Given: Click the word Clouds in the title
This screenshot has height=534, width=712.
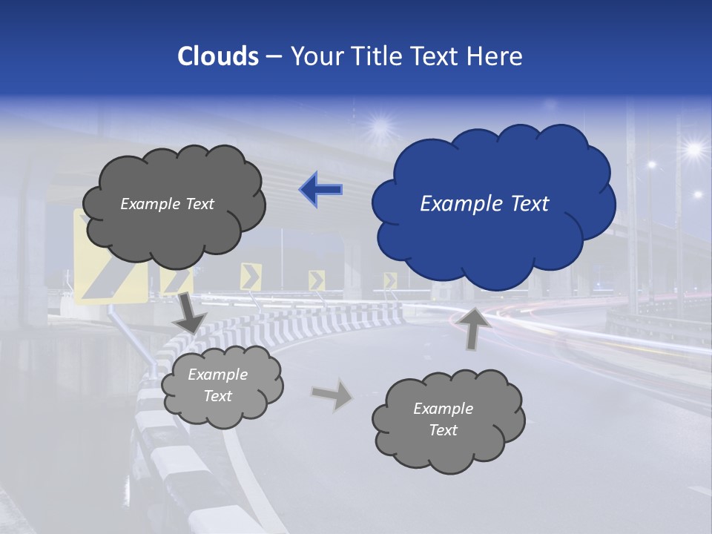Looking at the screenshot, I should [218, 56].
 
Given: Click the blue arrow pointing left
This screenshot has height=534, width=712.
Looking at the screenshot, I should [320, 189].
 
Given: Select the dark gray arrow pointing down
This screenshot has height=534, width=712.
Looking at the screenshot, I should [191, 312].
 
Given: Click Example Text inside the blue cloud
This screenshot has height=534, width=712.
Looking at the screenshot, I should [484, 204].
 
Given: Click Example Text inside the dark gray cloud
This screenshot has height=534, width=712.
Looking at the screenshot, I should [167, 204].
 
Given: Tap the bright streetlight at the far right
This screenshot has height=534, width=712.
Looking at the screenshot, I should [693, 150].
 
